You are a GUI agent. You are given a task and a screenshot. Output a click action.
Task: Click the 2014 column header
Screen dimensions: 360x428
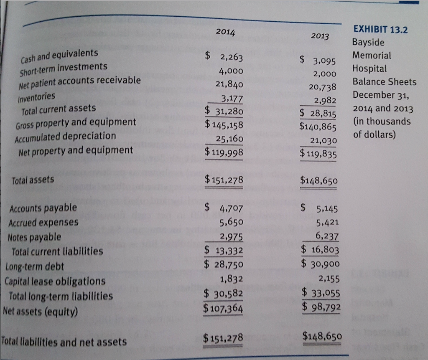pyautogui.click(x=226, y=33)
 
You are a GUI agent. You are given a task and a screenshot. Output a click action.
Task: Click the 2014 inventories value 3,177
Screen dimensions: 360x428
pyautogui.click(x=231, y=99)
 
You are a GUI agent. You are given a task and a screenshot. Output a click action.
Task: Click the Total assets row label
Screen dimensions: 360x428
pyautogui.click(x=33, y=180)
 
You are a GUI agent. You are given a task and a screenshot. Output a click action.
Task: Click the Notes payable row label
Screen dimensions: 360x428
pyautogui.click(x=35, y=237)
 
